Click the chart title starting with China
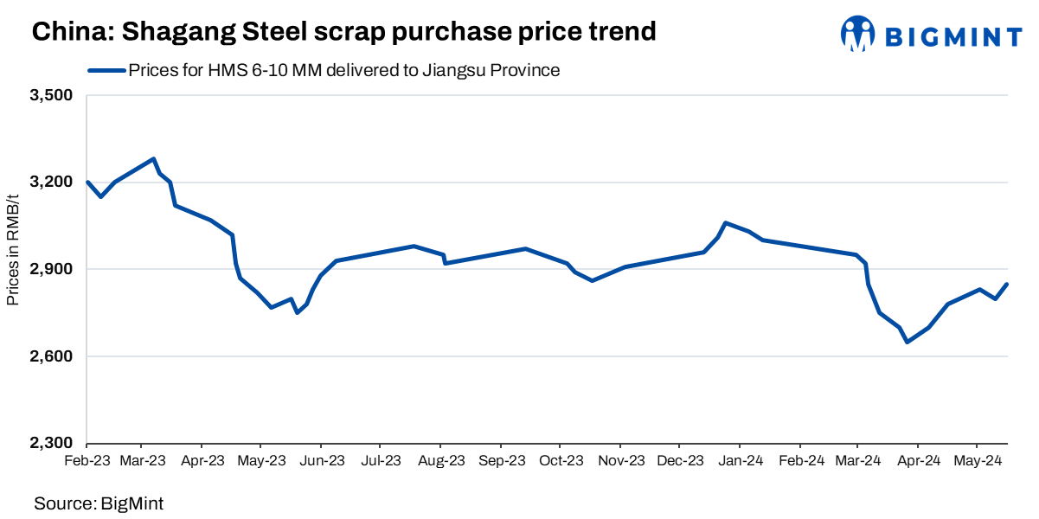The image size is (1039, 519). pyautogui.click(x=344, y=32)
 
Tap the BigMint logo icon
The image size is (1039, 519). pyautogui.click(x=857, y=34)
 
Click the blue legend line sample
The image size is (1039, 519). pyautogui.click(x=106, y=71)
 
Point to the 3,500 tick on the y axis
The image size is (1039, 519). pyautogui.click(x=52, y=95)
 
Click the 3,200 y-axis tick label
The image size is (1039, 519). pyautogui.click(x=52, y=183)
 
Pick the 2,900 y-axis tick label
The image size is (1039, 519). pyautogui.click(x=52, y=270)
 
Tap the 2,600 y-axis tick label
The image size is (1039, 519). pyautogui.click(x=52, y=356)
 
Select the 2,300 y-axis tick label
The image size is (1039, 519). pyautogui.click(x=52, y=444)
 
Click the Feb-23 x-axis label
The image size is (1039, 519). pyautogui.click(x=87, y=461)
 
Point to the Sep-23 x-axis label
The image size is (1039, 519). pyautogui.click(x=502, y=461)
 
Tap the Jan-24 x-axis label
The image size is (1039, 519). pyautogui.click(x=740, y=461)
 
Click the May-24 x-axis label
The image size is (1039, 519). pyautogui.click(x=977, y=461)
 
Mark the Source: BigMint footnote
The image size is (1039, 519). pyautogui.click(x=99, y=502)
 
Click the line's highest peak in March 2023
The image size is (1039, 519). pyautogui.click(x=153, y=158)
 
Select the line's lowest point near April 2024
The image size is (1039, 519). pyautogui.click(x=907, y=343)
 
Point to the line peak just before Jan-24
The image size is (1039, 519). pyautogui.click(x=725, y=222)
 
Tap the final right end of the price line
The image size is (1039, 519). pyautogui.click(x=1007, y=284)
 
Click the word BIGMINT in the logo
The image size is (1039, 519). pyautogui.click(x=953, y=35)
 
